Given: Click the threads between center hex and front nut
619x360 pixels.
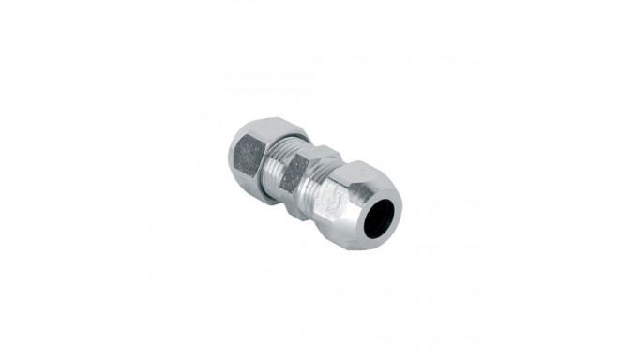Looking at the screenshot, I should coord(313,178).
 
